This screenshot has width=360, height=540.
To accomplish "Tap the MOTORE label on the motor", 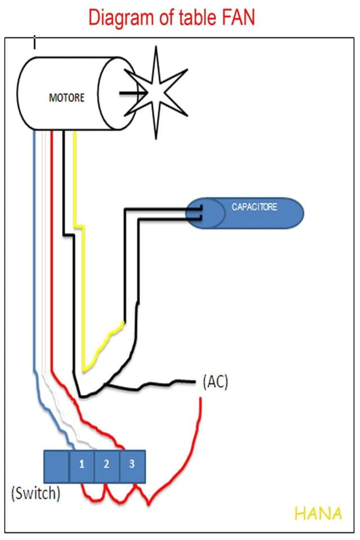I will [x=66, y=98].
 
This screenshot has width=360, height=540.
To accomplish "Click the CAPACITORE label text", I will [x=255, y=207].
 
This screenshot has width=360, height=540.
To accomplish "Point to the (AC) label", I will [x=214, y=382].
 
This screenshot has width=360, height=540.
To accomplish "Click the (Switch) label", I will [x=35, y=493].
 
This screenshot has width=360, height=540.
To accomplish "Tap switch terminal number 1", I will [x=82, y=465].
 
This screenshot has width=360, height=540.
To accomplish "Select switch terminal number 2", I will [x=106, y=465].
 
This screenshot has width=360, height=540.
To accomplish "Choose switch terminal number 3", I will [x=132, y=465].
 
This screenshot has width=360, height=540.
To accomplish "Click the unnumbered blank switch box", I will [x=56, y=466].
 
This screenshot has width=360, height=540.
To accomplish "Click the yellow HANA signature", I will [x=318, y=514].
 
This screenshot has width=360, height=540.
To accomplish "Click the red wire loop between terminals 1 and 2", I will [x=94, y=494].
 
